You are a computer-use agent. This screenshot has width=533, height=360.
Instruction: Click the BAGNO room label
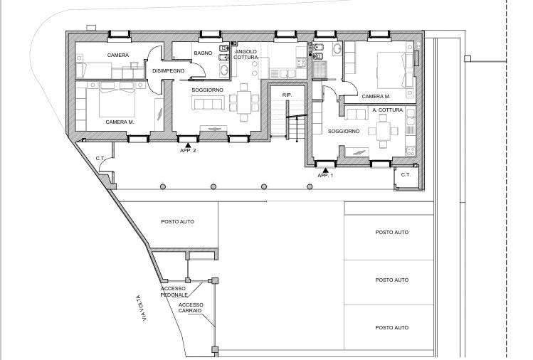point(203,53)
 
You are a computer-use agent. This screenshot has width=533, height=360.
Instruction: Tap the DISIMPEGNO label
point(168,71)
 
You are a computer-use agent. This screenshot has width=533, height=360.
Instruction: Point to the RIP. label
point(287,95)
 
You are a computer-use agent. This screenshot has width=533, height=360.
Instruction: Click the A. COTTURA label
point(388,110)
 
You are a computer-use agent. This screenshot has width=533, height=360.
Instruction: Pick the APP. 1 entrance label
point(325,175)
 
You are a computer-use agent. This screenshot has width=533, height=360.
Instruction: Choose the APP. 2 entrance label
point(188,151)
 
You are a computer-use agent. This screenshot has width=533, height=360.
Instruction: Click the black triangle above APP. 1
point(325,169)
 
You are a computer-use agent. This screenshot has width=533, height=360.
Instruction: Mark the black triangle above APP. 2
point(188,144)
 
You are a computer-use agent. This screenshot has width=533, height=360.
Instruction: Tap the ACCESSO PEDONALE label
point(174,291)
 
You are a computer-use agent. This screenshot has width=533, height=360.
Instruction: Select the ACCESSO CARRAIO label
point(191,307)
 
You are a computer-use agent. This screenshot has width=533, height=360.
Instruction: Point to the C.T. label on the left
point(101,158)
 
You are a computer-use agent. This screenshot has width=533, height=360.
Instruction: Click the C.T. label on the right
point(406,174)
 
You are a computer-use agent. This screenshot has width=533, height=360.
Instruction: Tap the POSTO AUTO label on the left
point(177,221)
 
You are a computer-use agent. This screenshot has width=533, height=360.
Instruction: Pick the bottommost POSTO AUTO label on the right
point(392,327)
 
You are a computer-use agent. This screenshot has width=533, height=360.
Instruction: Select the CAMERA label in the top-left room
point(118,55)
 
